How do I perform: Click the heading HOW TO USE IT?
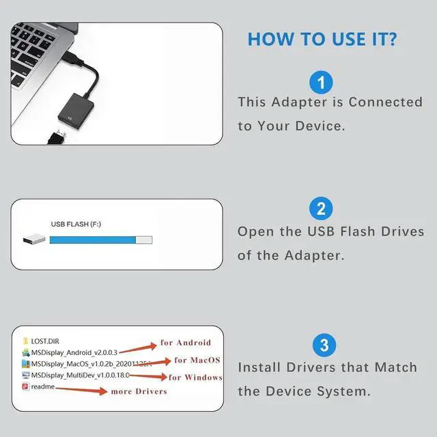(x=321, y=39)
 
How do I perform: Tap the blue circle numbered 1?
(x=321, y=83)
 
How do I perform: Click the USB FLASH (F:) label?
(x=76, y=224)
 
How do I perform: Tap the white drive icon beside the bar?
(x=34, y=240)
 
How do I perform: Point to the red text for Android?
(x=185, y=343)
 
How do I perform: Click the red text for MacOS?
(x=197, y=360)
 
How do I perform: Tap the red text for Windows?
(x=195, y=378)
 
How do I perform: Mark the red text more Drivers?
(x=140, y=391)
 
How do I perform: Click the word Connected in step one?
(x=385, y=102)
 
